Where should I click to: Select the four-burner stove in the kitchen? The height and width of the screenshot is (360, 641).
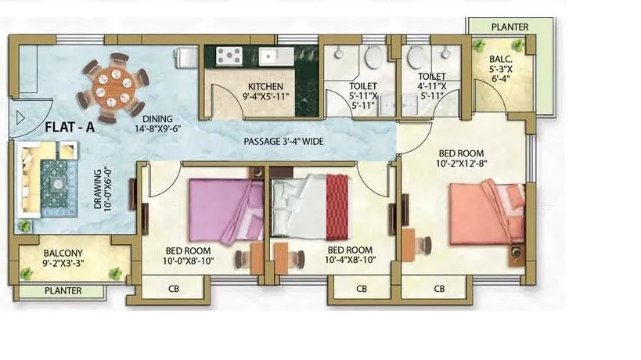[x=231, y=56]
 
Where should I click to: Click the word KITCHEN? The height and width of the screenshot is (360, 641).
[x=265, y=86]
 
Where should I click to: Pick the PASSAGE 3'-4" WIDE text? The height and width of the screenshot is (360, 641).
[x=284, y=142]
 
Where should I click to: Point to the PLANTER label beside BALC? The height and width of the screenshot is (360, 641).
[x=510, y=27]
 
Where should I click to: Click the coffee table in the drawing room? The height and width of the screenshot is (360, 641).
[x=58, y=184]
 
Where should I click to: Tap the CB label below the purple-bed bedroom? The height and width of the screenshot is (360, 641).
[x=175, y=289]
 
